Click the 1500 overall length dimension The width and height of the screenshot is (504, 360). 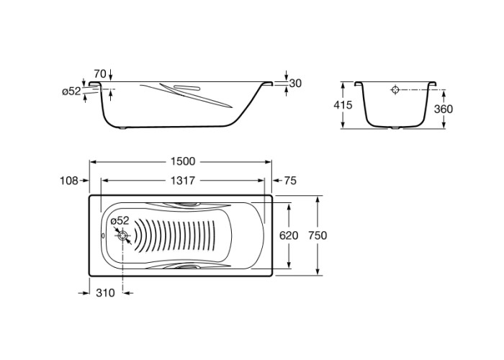pos(183,161)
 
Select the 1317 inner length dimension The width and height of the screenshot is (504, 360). pos(183,181)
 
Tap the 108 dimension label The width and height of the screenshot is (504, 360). pos(69,181)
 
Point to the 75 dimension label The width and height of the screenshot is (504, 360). pos(290,181)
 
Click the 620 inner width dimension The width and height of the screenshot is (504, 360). pos(289,235)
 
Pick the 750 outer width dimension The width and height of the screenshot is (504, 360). pos(318,235)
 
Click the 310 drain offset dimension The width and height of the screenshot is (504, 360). pos(105,293)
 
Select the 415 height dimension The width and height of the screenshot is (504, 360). pos(343,105)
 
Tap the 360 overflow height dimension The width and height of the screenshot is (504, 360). pos(444,109)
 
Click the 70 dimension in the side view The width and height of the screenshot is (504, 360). pos(100,74)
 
